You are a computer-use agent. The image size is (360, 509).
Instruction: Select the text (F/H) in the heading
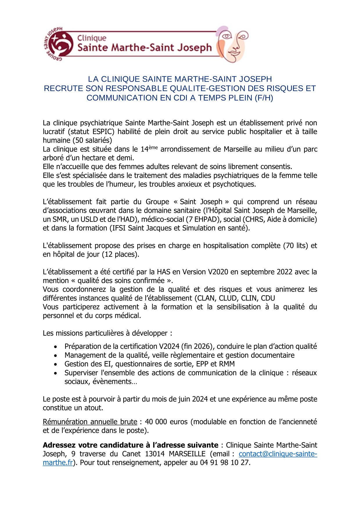click(264, 98)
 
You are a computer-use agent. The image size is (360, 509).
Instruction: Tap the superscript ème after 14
click(153, 148)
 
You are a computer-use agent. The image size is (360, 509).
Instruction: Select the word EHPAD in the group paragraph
click(204, 219)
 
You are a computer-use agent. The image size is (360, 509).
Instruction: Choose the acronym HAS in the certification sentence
click(163, 272)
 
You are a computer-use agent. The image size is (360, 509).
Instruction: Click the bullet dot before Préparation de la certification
click(55, 347)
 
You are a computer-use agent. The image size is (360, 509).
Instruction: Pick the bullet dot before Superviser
click(55, 373)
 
